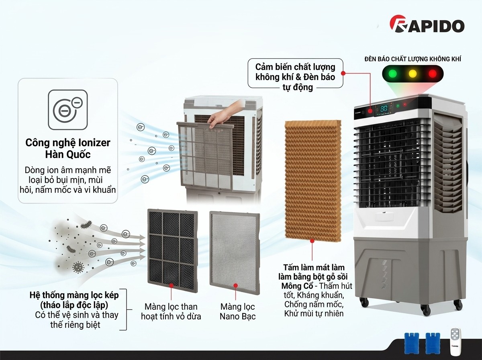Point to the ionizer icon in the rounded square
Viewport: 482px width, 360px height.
point(67,109)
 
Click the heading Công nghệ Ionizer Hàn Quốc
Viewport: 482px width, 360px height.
point(67,148)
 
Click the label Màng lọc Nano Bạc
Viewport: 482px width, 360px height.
point(237,312)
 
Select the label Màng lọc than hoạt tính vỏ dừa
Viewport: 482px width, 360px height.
point(171,312)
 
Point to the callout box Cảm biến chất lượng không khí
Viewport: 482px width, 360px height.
point(295,74)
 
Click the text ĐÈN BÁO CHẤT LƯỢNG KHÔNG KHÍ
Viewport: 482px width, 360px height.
point(412,59)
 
